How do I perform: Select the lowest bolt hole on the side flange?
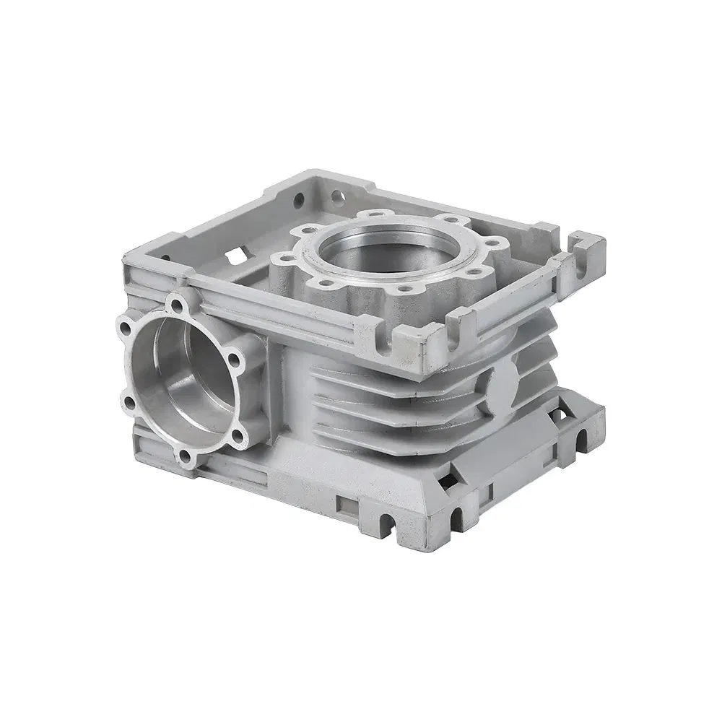pos(186,456)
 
